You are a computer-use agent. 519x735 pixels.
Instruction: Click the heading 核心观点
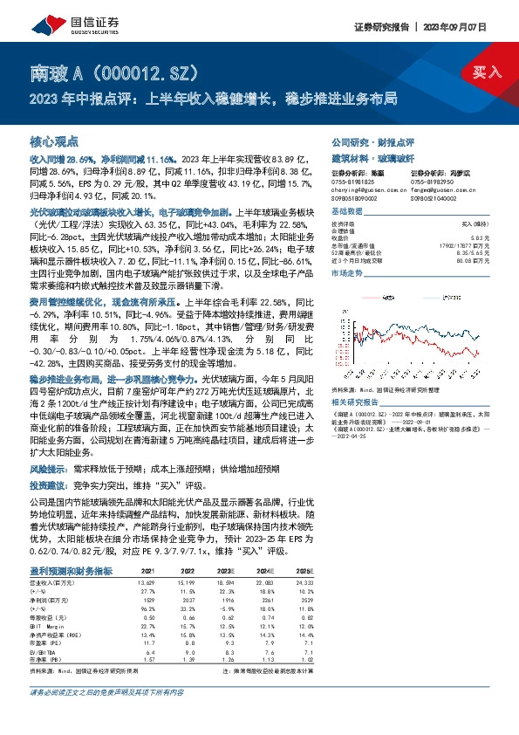(54, 140)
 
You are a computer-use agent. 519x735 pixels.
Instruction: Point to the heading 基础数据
(346, 213)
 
